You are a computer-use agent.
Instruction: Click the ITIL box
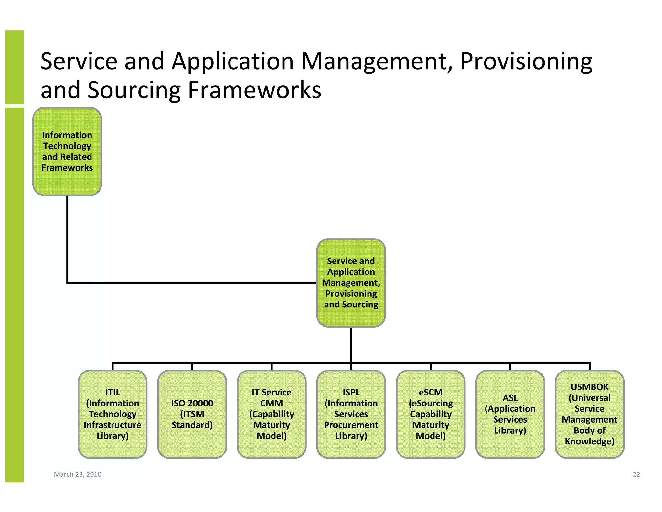click(x=112, y=414)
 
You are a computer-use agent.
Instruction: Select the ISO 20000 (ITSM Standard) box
click(x=192, y=414)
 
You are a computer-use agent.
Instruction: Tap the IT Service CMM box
click(x=272, y=414)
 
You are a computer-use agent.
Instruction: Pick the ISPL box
click(x=351, y=414)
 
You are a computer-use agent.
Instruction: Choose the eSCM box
click(x=431, y=414)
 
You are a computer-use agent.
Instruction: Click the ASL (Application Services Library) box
click(x=510, y=414)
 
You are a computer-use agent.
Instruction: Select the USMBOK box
click(x=589, y=414)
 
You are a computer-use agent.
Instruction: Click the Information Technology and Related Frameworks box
click(x=67, y=151)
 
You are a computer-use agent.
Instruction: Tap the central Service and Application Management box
click(x=351, y=283)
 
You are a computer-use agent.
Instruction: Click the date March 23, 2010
click(x=78, y=474)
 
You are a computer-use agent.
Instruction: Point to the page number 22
click(x=636, y=474)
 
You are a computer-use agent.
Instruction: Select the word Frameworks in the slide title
click(x=254, y=90)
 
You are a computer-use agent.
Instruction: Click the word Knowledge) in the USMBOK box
click(x=589, y=441)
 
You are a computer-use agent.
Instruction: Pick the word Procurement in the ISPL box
click(x=351, y=425)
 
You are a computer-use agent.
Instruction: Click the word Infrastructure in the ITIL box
click(x=112, y=425)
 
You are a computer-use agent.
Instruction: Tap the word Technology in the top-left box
click(x=67, y=146)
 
